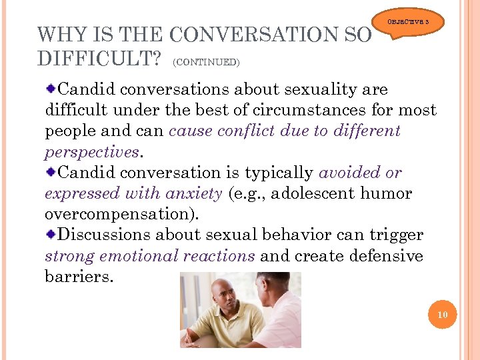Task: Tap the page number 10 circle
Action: pyautogui.click(x=443, y=315)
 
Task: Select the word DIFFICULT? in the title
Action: pyautogui.click(x=99, y=59)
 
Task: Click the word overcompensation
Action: pyautogui.click(x=120, y=215)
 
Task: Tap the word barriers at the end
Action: pyautogui.click(x=78, y=277)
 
